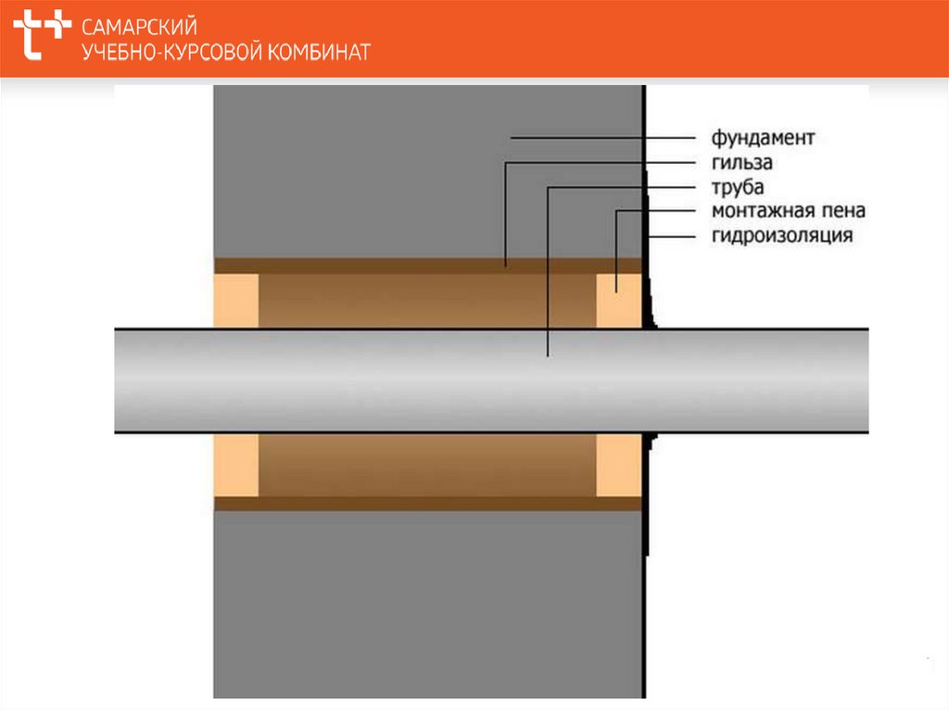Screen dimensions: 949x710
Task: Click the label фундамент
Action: pyautogui.click(x=763, y=139)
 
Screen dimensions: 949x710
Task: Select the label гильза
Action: pyautogui.click(x=741, y=164)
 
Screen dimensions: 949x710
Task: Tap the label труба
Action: pyautogui.click(x=739, y=188)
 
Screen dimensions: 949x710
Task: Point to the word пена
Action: pyautogui.click(x=837, y=212)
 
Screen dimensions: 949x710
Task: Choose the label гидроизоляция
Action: pyautogui.click(x=781, y=236)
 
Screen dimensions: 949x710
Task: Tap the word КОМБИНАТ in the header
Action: pyautogui.click(x=319, y=52)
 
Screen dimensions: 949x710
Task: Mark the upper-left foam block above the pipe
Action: pyautogui.click(x=235, y=300)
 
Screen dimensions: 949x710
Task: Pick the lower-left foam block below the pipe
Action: pyautogui.click(x=235, y=465)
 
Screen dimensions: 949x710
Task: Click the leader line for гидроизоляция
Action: pyautogui.click(x=672, y=236)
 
